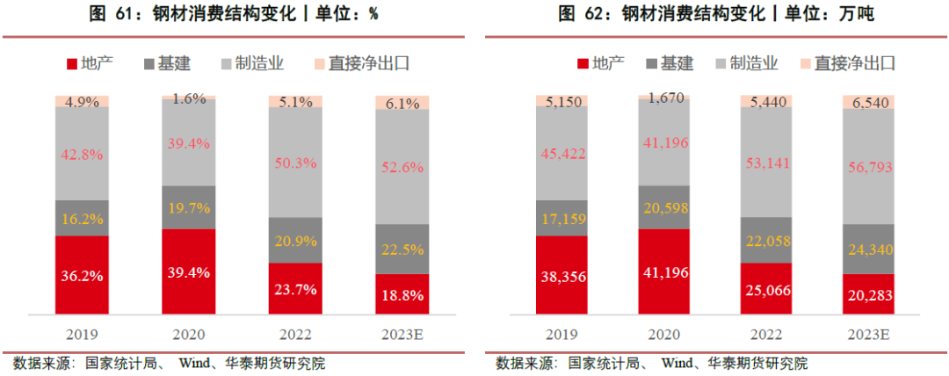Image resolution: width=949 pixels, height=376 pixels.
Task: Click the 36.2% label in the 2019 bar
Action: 83,276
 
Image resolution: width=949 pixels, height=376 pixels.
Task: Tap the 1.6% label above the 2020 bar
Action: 188,98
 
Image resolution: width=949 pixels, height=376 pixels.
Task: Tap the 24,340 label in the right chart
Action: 868,250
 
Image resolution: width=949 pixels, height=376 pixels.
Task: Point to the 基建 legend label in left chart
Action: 173,63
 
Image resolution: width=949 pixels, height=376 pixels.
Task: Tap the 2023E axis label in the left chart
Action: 402,335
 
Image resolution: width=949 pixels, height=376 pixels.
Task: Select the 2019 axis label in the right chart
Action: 563,335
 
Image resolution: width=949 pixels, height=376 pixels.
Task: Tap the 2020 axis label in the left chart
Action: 188,335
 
